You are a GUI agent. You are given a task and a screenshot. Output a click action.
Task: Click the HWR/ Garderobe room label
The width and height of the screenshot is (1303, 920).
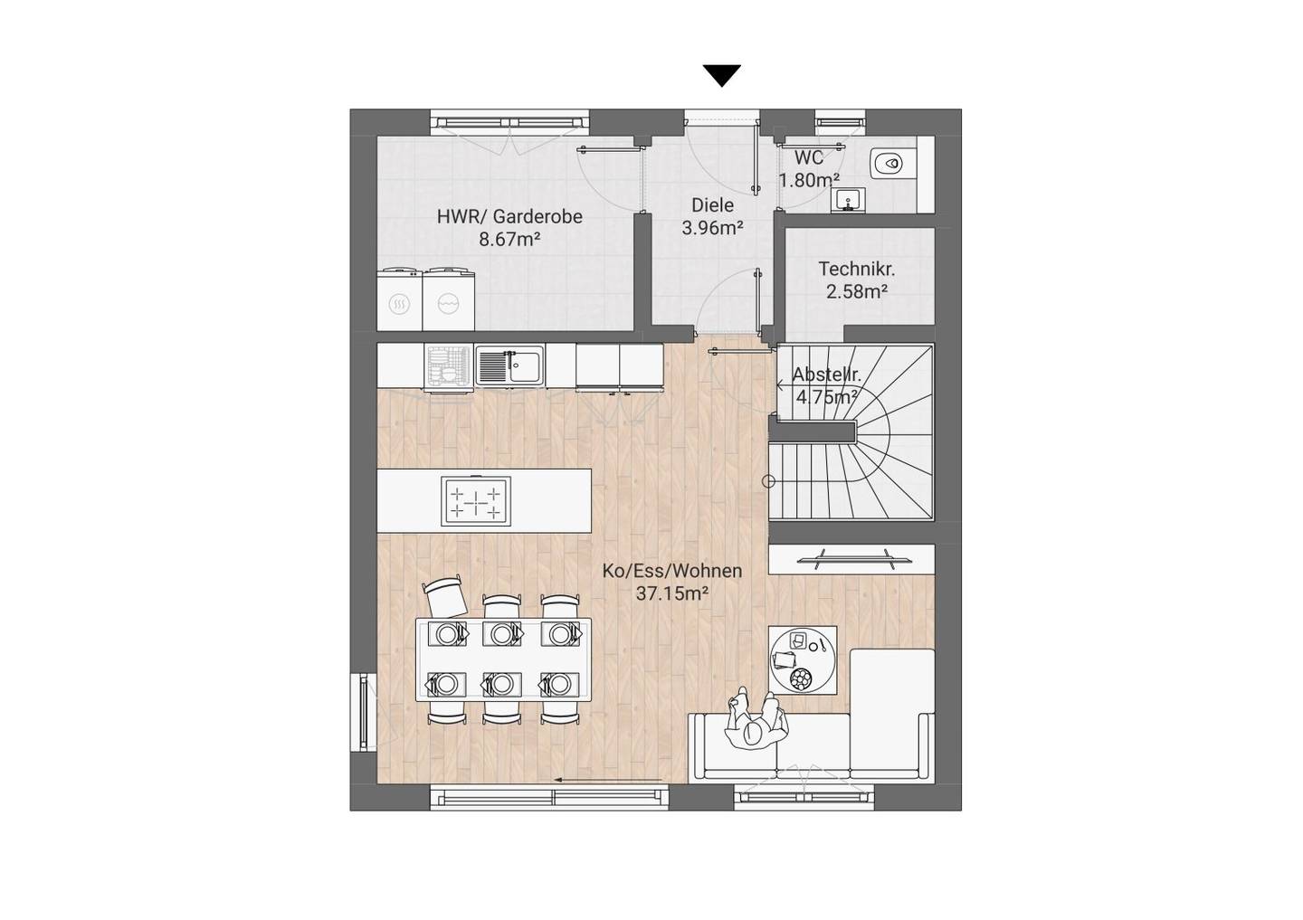[x=509, y=217]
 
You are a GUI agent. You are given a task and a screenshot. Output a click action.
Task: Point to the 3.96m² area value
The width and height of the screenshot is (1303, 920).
[x=713, y=228]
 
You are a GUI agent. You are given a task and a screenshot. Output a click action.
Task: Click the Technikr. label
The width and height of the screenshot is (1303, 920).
[x=857, y=269]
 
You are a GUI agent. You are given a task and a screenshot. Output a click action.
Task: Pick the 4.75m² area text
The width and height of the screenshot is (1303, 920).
[x=827, y=398]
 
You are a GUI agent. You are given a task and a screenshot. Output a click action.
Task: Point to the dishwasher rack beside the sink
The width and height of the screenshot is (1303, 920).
[x=449, y=366]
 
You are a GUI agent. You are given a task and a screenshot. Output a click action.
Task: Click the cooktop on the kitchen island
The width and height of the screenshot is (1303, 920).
[x=476, y=501]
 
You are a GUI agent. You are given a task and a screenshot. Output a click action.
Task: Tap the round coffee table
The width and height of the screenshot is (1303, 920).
[x=803, y=659]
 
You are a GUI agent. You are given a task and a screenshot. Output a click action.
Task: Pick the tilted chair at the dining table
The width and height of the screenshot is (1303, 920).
[x=445, y=595]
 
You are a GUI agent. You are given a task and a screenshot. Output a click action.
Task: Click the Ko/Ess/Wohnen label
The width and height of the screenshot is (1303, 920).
[x=671, y=571]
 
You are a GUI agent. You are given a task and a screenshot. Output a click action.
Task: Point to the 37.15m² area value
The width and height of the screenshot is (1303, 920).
[x=671, y=593]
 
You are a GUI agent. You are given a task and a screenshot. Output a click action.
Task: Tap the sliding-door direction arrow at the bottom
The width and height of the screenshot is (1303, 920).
[x=607, y=779]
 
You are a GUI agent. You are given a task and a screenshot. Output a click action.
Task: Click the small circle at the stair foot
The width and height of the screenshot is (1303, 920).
[x=768, y=481]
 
